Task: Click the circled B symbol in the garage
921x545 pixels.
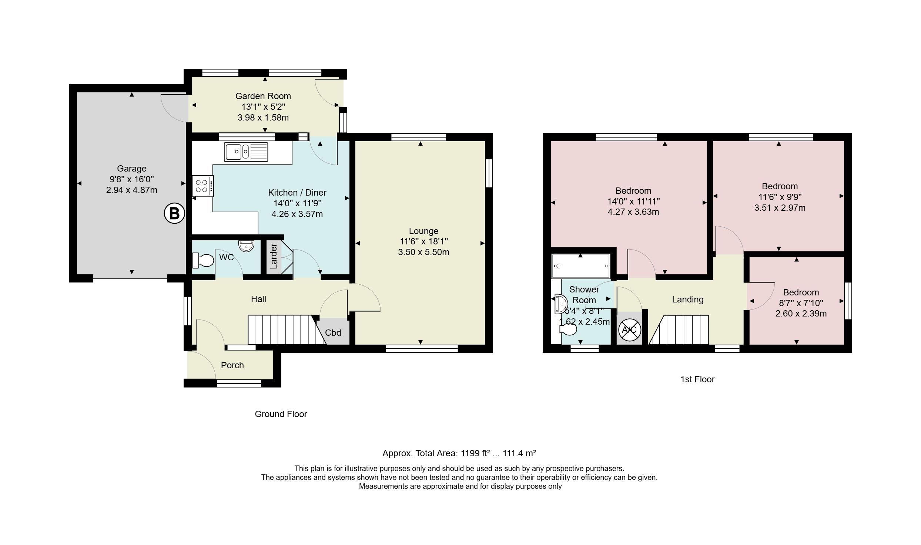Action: (x=174, y=213)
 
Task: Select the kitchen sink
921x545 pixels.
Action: (x=246, y=152)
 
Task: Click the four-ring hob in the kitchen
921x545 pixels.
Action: (x=202, y=186)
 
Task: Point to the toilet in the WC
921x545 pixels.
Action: (x=203, y=260)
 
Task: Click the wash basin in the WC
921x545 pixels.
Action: (x=246, y=246)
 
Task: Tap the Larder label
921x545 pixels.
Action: (x=274, y=256)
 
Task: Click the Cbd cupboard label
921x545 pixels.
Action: (x=333, y=333)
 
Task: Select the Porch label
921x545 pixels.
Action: (x=232, y=365)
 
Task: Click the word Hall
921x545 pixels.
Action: (x=258, y=299)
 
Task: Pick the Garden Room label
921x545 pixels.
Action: (x=263, y=96)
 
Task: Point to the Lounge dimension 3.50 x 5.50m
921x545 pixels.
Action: (x=424, y=252)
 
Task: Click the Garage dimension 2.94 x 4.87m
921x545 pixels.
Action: (x=132, y=190)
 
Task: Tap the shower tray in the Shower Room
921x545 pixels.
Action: (x=580, y=265)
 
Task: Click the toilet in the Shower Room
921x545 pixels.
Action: (x=568, y=329)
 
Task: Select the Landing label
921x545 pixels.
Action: (x=688, y=299)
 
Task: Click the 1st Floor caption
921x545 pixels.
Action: (x=697, y=379)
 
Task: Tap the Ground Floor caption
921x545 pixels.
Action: (x=281, y=414)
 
